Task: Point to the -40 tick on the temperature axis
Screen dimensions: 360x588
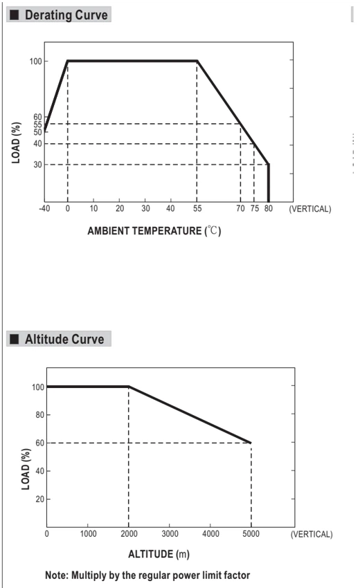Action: (44, 208)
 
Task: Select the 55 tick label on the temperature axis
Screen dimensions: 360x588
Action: (197, 208)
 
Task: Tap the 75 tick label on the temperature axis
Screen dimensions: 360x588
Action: (255, 208)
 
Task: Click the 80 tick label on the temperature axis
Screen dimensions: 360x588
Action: (268, 208)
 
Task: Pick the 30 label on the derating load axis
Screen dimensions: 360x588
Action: (37, 164)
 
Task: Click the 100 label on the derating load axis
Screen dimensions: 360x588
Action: (36, 61)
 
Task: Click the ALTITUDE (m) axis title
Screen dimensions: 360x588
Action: (159, 554)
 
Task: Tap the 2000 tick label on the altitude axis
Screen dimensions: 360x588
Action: (129, 533)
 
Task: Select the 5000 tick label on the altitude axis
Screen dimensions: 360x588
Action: (251, 533)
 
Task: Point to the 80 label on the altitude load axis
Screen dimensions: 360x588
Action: (39, 415)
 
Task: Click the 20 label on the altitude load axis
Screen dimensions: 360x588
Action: (39, 499)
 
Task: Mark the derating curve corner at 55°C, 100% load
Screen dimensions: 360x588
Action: (197, 61)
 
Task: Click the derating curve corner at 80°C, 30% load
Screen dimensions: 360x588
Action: (269, 164)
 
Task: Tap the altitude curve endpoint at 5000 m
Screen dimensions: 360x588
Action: (251, 443)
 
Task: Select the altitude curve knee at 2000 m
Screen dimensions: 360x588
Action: (129, 387)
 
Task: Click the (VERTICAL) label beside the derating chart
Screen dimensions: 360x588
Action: (310, 209)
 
